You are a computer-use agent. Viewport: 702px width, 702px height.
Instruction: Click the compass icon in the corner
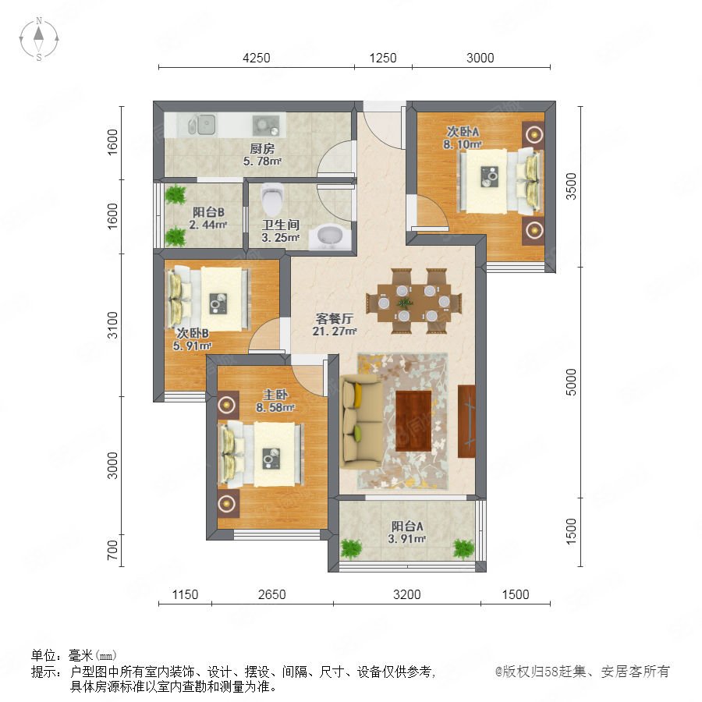[39, 38]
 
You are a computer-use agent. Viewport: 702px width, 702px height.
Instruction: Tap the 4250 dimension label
[256, 58]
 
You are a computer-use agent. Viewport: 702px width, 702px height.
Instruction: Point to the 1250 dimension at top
[383, 58]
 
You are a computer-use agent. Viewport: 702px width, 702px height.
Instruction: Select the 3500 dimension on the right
[571, 186]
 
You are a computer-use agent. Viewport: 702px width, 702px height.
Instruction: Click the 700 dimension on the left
[112, 550]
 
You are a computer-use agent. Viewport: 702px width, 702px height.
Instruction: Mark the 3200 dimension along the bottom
[407, 594]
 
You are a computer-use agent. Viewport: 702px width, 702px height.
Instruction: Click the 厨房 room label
[262, 148]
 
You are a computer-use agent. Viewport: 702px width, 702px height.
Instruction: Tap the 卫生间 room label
[281, 225]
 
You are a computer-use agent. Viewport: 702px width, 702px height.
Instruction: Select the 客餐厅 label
[335, 319]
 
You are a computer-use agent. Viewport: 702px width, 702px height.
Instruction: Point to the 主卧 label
[275, 395]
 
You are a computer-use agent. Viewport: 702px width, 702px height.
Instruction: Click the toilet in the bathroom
[273, 199]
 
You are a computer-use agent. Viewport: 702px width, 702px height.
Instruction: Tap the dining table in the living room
[413, 302]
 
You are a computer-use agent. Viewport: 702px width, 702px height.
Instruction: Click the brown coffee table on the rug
[413, 421]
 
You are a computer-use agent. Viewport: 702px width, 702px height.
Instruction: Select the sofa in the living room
[361, 422]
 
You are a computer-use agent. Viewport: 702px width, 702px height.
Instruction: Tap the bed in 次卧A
[498, 181]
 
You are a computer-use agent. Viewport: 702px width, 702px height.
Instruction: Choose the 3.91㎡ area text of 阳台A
[406, 539]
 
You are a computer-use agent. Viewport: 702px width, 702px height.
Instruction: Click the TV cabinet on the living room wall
[466, 421]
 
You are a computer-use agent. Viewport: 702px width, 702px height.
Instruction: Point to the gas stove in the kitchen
[266, 125]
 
